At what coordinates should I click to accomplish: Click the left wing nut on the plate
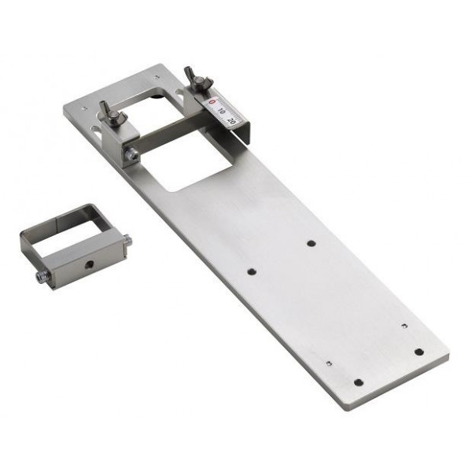pos(110,112)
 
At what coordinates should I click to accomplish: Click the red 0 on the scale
pos(211,101)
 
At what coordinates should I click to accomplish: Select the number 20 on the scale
pos(231,121)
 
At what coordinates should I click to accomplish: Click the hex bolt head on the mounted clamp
pos(131,155)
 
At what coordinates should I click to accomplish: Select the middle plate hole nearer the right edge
pos(312,244)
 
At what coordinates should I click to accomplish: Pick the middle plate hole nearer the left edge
pos(252,272)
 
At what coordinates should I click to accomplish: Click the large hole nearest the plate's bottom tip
pos(359,382)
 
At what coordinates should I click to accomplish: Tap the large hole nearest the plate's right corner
pos(419,351)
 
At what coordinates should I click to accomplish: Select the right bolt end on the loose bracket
pos(127,239)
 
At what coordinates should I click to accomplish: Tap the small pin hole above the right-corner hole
pos(404,325)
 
